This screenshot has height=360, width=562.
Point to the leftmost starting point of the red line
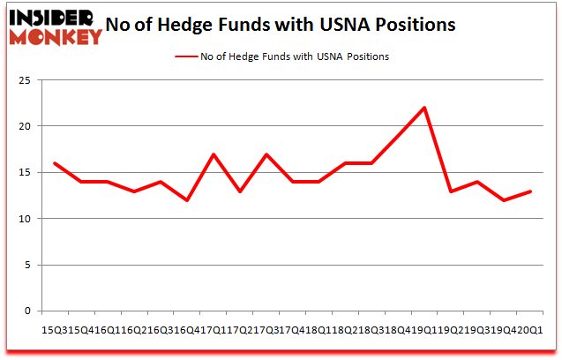(54, 163)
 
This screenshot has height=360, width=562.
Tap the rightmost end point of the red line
(530, 191)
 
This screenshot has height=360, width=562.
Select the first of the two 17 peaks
(213, 154)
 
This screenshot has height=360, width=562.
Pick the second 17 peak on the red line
(266, 154)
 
